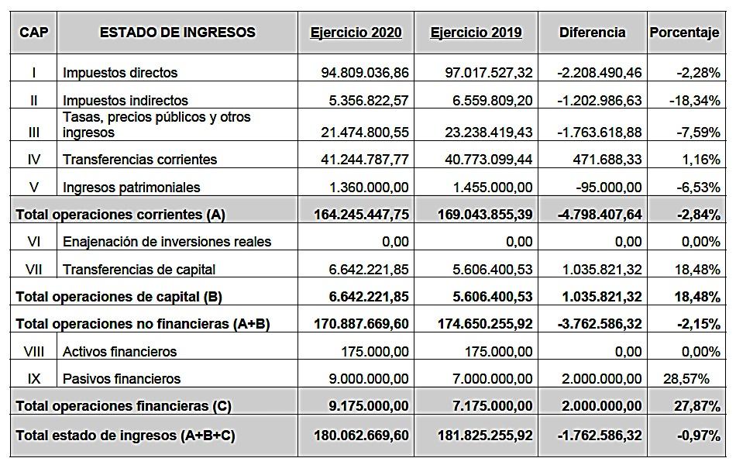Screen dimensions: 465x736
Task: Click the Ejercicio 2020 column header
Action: pyautogui.click(x=356, y=33)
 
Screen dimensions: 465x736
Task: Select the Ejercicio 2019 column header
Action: pyautogui.click(x=476, y=33)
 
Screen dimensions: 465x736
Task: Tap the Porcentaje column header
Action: pyautogui.click(x=684, y=33)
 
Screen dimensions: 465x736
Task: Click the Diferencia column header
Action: pyautogui.click(x=592, y=33)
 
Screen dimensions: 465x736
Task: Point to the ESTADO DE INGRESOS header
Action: pyautogui.click(x=177, y=33)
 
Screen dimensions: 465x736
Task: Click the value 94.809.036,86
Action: pyautogui.click(x=365, y=73)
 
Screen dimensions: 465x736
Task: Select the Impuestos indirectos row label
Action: pyautogui.click(x=126, y=101)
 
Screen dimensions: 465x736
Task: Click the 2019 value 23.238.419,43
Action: pyautogui.click(x=489, y=133)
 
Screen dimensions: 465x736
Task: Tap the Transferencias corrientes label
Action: pyautogui.click(x=139, y=160)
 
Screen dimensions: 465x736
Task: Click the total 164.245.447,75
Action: pyautogui.click(x=361, y=215)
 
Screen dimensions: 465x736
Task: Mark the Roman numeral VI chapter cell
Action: pyautogui.click(x=34, y=242)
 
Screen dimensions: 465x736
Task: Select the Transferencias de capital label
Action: pyautogui.click(x=139, y=270)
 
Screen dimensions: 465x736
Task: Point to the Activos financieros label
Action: pyautogui.click(x=119, y=352)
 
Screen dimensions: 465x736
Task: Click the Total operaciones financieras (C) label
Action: pyautogui.click(x=123, y=406)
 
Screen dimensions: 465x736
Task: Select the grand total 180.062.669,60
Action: pyautogui.click(x=361, y=436)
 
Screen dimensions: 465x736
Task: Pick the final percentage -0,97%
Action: pyautogui.click(x=698, y=436)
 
